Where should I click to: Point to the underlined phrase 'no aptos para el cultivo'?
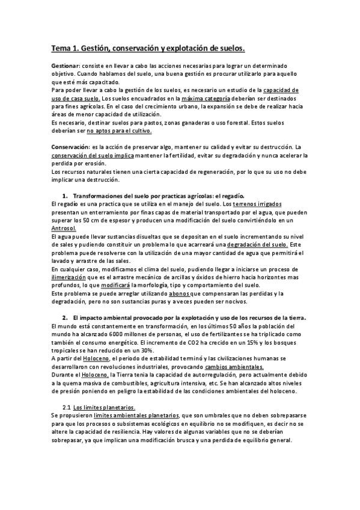(120, 130)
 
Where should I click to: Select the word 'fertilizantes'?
(230, 334)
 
